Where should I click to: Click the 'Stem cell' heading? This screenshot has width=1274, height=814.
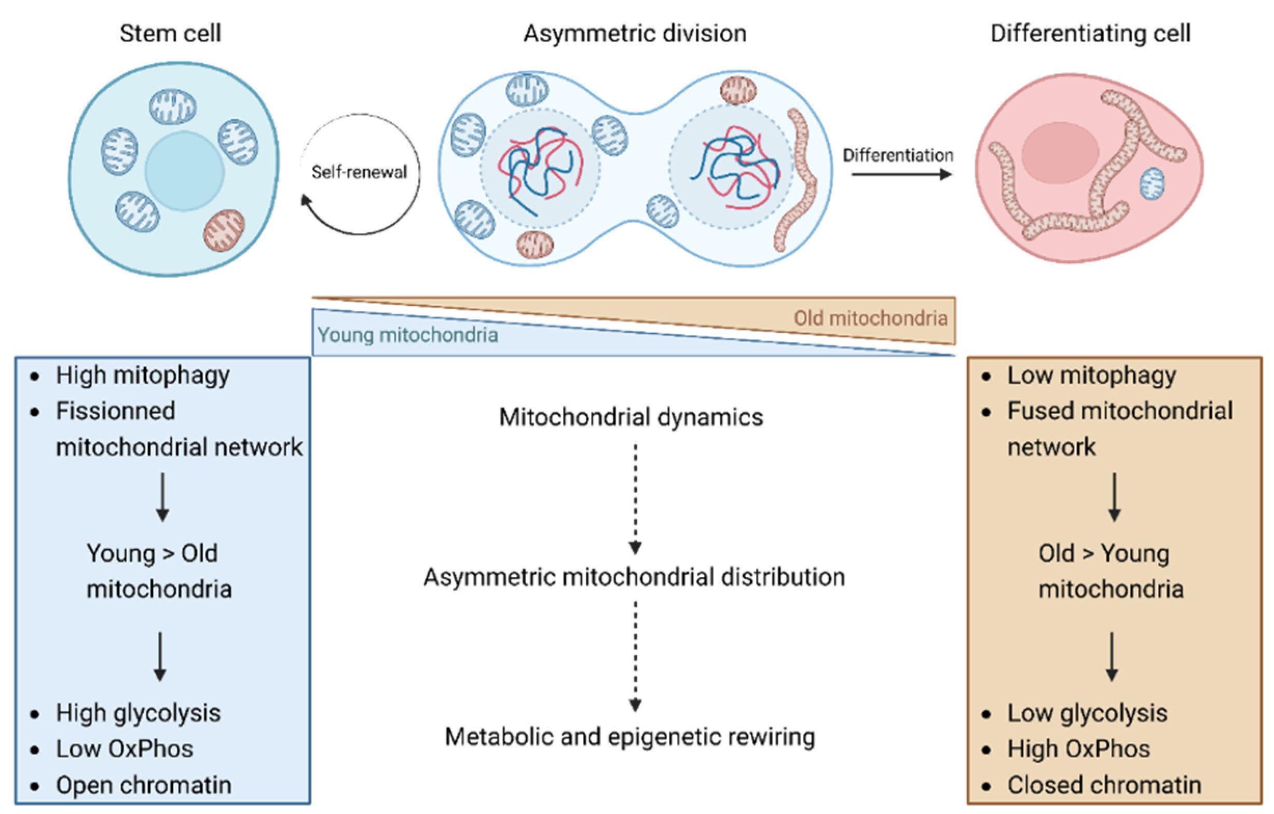point(170,33)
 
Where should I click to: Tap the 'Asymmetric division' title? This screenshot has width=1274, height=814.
point(635,33)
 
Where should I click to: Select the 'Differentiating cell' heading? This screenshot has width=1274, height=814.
point(1090,33)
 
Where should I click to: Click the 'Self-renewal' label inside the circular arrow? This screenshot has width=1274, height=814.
point(359,172)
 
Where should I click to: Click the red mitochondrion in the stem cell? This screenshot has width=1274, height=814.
point(224,229)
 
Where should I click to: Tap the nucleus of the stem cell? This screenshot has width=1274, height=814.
point(184,171)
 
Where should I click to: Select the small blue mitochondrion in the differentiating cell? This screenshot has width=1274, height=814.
point(1152,183)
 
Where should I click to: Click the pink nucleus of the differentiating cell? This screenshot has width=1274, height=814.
point(1060,153)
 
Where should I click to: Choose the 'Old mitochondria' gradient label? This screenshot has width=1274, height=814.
point(870,318)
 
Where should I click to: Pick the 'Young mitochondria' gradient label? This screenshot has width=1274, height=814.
point(407,335)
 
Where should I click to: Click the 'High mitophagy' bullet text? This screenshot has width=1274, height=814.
point(143,375)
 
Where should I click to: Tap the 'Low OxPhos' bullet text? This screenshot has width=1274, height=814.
point(125,749)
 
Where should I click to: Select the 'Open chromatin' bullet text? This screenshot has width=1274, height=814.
point(143,785)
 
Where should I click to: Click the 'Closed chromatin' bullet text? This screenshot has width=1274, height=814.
point(1104,785)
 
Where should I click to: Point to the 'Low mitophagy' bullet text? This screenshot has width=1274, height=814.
point(1091,375)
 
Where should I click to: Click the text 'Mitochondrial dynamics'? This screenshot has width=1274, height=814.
point(631,417)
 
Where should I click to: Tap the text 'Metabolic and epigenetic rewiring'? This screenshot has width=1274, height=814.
point(629,737)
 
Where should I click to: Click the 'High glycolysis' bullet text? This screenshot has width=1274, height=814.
point(138,713)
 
